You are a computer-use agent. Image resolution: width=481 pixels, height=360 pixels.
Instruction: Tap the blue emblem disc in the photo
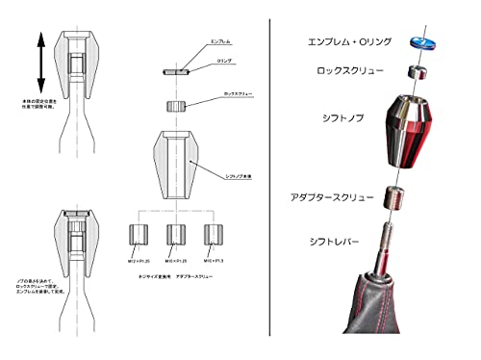(x=420, y=40)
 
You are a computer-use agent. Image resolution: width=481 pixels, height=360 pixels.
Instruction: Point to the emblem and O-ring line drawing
(x=173, y=71)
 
